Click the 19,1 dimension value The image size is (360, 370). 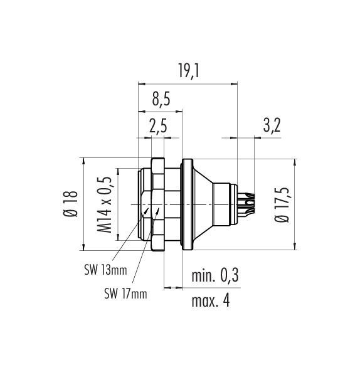(189, 71)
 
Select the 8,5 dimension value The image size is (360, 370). (161, 99)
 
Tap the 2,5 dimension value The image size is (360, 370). (158, 126)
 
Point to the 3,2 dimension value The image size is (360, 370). (272, 126)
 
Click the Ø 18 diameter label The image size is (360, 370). (71, 204)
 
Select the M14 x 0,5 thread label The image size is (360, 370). (104, 204)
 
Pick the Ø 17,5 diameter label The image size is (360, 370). (282, 204)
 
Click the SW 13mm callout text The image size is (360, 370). (105, 270)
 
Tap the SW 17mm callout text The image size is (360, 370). (125, 294)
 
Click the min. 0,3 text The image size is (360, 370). (215, 275)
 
